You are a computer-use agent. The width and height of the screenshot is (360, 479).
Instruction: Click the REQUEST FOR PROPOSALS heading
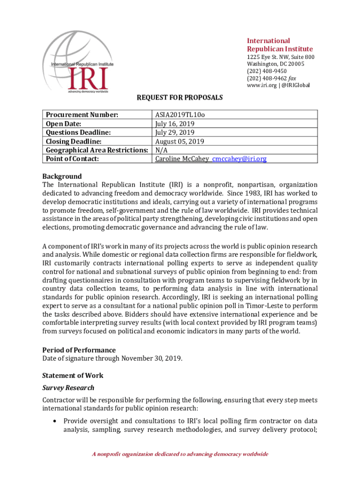coord(180,98)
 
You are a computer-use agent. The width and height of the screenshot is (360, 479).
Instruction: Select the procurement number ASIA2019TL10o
coord(179,115)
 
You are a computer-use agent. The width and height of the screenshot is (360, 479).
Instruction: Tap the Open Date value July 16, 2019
coord(175,124)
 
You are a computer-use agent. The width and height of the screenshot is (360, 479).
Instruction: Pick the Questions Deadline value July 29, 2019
coord(175,133)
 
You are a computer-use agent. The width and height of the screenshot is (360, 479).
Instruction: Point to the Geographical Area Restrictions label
coord(97,150)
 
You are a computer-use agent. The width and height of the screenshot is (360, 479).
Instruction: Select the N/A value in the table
coord(162,150)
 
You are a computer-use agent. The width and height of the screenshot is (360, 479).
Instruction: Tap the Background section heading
coord(62,176)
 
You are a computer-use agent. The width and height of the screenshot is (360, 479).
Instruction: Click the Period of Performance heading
coord(79,350)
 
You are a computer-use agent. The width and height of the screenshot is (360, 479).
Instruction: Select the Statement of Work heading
coord(73,375)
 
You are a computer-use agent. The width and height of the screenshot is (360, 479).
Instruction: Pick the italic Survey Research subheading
coord(68,388)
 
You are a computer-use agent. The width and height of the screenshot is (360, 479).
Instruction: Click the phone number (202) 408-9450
coord(267,71)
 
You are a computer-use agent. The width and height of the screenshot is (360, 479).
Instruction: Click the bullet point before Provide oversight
coord(56,421)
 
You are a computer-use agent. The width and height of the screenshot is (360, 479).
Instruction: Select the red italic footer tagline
coord(180,454)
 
